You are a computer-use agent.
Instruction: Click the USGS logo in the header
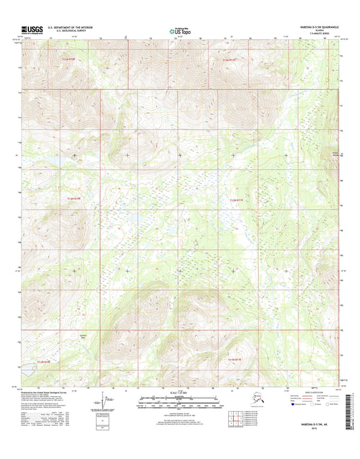coord(32,30)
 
